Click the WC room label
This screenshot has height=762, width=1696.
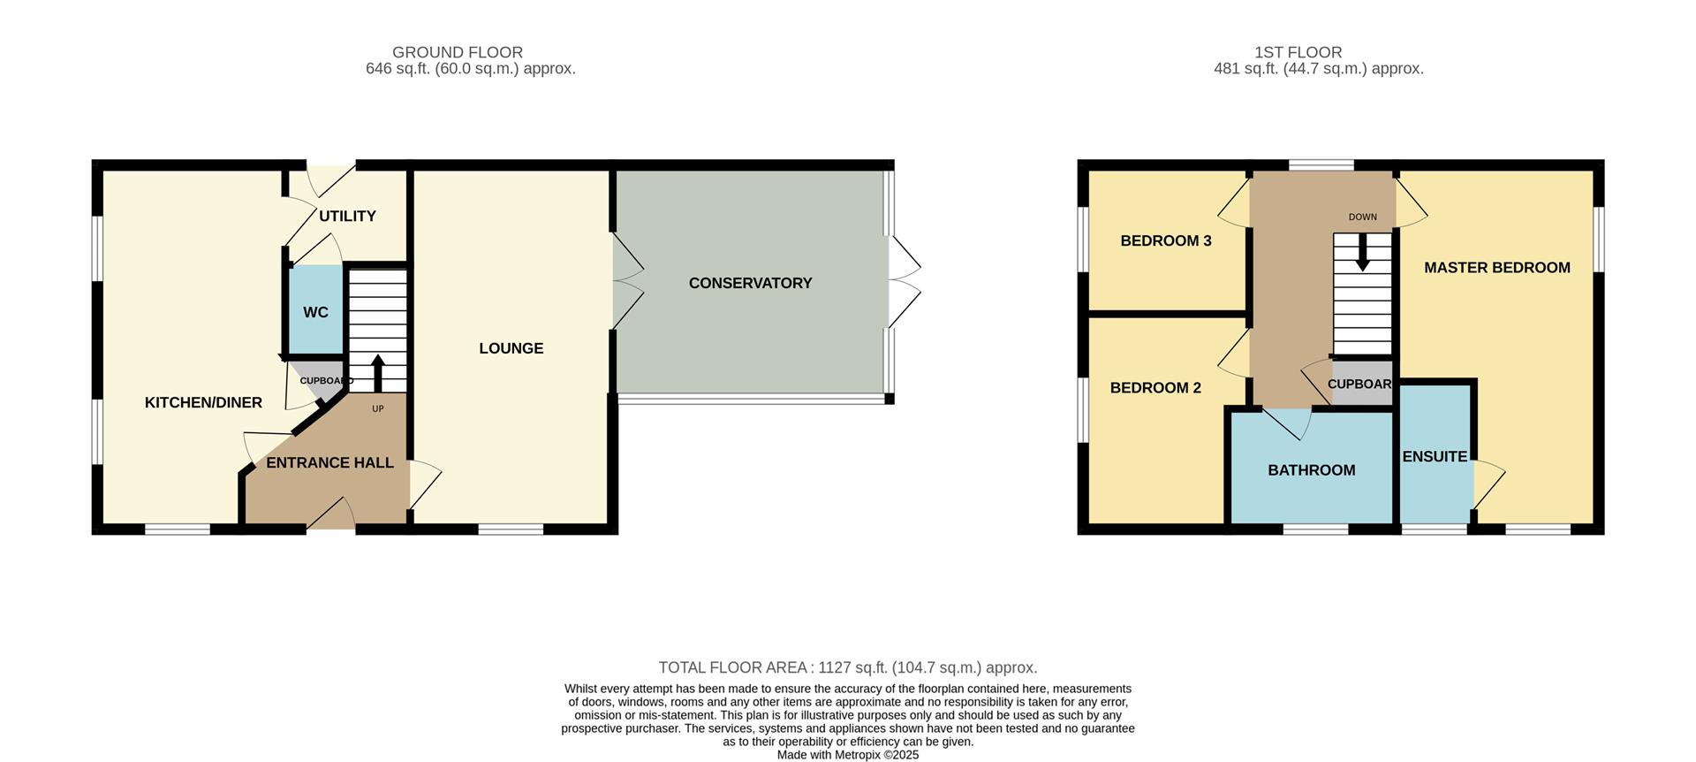tap(315, 312)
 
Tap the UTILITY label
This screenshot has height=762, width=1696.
tap(347, 216)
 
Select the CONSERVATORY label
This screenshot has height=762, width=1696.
tap(750, 283)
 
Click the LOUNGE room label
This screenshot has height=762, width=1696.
tap(511, 348)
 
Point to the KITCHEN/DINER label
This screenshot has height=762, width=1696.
tap(203, 402)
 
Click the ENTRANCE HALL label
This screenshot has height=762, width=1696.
tap(329, 462)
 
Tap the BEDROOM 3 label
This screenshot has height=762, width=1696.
tap(1165, 240)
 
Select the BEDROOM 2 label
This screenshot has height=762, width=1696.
tap(1155, 387)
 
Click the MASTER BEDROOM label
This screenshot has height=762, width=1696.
tap(1496, 267)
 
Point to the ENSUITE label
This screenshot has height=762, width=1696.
tap(1434, 456)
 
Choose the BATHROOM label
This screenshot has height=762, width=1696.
tap(1311, 470)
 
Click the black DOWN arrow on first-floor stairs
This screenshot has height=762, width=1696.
tap(1362, 253)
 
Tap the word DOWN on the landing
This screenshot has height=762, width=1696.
tap(1362, 217)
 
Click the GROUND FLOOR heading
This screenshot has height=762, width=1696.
tap(457, 52)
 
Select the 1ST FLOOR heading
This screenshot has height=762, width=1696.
tap(1298, 52)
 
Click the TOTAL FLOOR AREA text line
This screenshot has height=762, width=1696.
tap(847, 667)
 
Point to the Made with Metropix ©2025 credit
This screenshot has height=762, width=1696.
tap(847, 755)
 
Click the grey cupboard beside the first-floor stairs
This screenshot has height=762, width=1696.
tap(1360, 384)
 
